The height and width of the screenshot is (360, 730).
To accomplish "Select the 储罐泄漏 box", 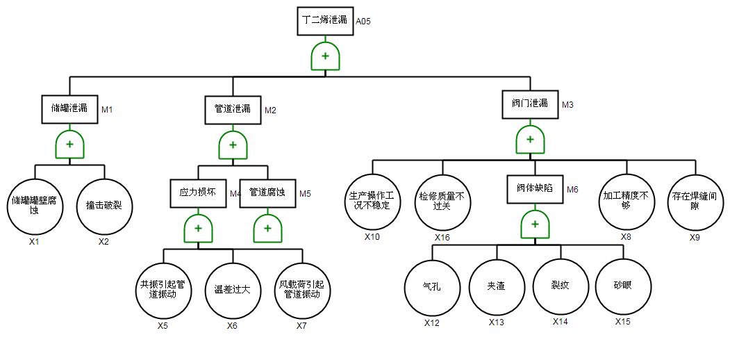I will (x=70, y=108).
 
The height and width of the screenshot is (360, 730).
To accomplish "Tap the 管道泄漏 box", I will (x=233, y=109).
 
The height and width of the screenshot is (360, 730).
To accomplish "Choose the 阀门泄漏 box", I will (x=530, y=104).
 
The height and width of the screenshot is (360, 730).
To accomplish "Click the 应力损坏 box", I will (x=198, y=193).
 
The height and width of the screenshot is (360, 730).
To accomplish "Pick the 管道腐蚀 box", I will (x=267, y=193).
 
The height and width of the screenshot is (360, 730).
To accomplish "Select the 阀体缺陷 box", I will (x=535, y=188).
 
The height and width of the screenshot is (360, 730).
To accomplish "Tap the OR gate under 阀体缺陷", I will (x=535, y=224).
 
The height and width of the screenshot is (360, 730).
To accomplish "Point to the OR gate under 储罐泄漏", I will (x=70, y=145).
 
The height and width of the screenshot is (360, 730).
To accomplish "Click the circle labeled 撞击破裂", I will (x=104, y=206).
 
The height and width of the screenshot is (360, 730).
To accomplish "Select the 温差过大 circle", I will (x=232, y=289).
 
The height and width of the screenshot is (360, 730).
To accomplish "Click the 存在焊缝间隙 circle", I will (x=695, y=201).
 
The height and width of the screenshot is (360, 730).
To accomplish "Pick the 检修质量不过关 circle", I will (x=442, y=201).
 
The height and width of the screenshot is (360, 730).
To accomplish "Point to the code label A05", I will (x=363, y=22).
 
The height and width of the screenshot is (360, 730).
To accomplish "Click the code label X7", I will (x=301, y=325).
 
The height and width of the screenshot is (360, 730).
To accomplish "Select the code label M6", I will (x=572, y=189).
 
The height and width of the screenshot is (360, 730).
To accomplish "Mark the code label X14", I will (x=560, y=321).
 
